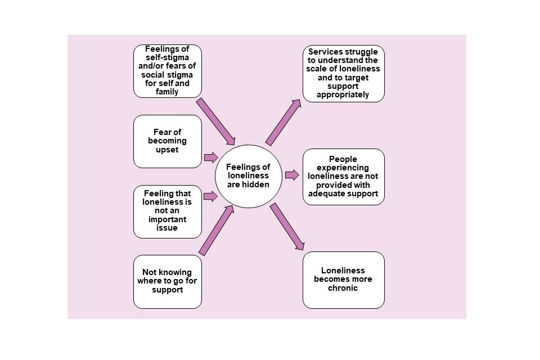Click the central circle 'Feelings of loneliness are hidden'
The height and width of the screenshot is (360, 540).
[247, 175]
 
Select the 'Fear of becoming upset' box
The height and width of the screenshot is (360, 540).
[167, 141]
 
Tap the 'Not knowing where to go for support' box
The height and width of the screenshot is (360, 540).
[167, 281]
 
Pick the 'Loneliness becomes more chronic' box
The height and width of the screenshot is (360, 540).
[343, 280]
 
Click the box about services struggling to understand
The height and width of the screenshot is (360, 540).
[343, 73]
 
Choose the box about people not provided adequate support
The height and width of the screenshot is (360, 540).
[343, 177]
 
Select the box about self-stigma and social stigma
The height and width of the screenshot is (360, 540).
[167, 71]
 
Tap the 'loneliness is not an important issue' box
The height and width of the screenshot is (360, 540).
[167, 211]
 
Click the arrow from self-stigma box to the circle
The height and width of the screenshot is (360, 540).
[215, 121]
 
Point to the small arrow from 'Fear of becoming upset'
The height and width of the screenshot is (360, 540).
[210, 157]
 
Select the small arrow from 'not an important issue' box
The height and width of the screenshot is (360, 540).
[210, 196]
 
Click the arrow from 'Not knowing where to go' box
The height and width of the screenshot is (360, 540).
[217, 230]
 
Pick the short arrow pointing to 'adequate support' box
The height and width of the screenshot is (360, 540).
[292, 175]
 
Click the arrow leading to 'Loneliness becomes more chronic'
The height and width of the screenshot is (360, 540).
[287, 227]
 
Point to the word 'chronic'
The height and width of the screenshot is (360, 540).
[343, 288]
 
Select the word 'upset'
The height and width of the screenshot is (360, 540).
[167, 150]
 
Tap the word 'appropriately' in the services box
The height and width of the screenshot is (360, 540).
[343, 95]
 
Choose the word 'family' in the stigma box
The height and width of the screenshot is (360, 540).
[167, 92]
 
